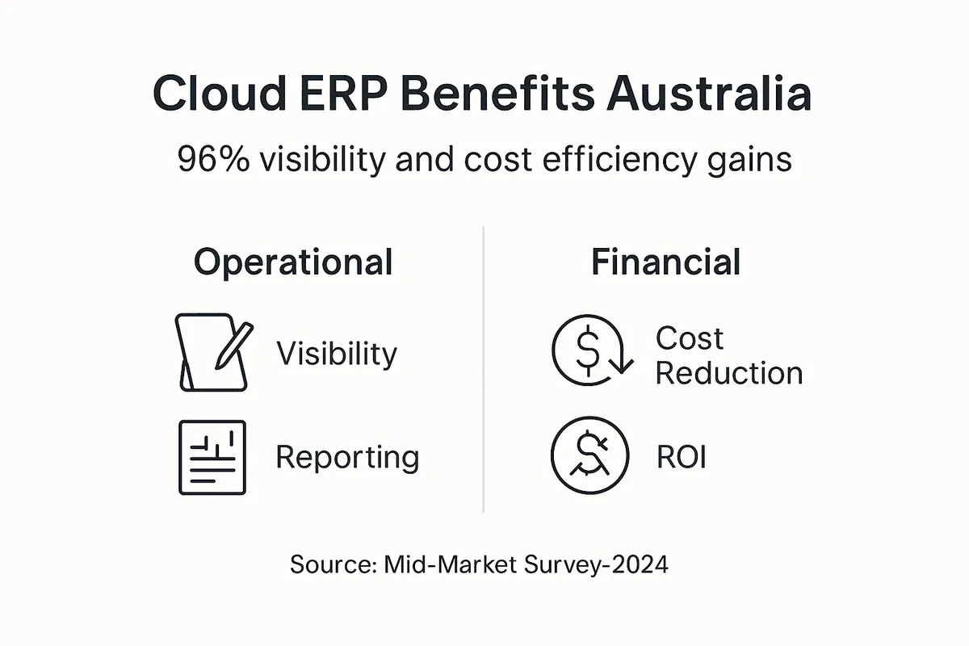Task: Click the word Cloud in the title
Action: pyautogui.click(x=220, y=94)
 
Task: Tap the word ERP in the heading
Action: pyautogui.click(x=343, y=94)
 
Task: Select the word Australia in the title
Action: pyautogui.click(x=709, y=94)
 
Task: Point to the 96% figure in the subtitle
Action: pyautogui.click(x=214, y=159)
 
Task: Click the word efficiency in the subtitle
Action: pyautogui.click(x=619, y=160)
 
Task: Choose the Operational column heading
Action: pyautogui.click(x=293, y=262)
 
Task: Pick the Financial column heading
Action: pyautogui.click(x=665, y=262)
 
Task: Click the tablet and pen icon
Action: pyautogui.click(x=214, y=352)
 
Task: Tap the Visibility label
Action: pyautogui.click(x=337, y=354)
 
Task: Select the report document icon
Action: pyautogui.click(x=212, y=457)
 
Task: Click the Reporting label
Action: pyautogui.click(x=347, y=458)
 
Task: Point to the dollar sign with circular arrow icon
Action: pyautogui.click(x=593, y=350)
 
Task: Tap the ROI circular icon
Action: pyautogui.click(x=590, y=455)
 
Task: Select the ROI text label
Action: pyautogui.click(x=682, y=457)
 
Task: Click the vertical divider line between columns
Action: pyautogui.click(x=483, y=369)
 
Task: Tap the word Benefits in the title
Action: pyautogui.click(x=497, y=94)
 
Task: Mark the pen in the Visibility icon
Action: pyautogui.click(x=234, y=346)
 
